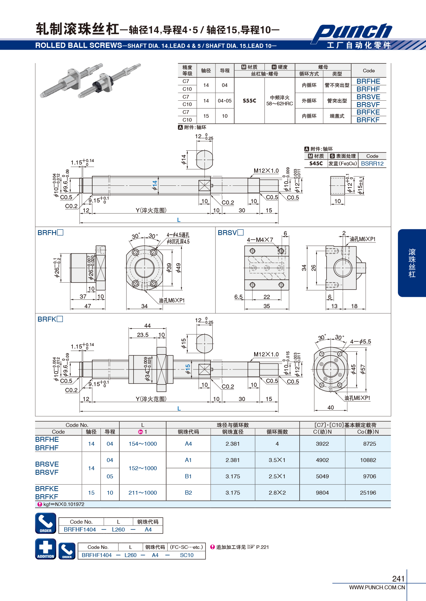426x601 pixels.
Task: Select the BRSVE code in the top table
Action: pyautogui.click(x=368, y=97)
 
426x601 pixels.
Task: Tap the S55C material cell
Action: pyautogui.click(x=249, y=101)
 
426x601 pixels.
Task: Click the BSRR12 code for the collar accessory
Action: pyautogui.click(x=372, y=164)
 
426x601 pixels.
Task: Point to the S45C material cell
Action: pyautogui.click(x=316, y=163)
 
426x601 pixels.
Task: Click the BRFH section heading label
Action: pyautogui.click(x=50, y=233)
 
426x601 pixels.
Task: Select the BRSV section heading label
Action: pyautogui.click(x=230, y=233)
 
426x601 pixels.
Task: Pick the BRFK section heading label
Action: pyautogui.click(x=50, y=319)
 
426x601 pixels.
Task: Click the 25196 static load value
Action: pyautogui.click(x=368, y=493)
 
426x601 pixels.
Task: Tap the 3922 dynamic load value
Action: pyautogui.click(x=322, y=444)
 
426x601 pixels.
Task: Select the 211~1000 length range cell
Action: pyautogui.click(x=143, y=493)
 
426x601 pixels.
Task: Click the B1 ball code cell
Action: pyautogui.click(x=188, y=476)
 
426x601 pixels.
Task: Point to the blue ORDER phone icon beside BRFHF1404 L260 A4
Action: pyautogui.click(x=46, y=523)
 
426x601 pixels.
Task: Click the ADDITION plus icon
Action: pyautogui.click(x=46, y=549)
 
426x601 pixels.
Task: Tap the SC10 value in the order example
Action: pyautogui.click(x=187, y=555)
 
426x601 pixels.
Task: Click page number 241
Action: pyautogui.click(x=398, y=579)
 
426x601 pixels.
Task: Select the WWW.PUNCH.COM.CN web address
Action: pyautogui.click(x=377, y=587)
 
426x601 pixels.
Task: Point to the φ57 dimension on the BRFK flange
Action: pyautogui.click(x=362, y=369)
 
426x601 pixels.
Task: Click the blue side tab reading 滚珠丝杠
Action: pyautogui.click(x=412, y=263)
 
